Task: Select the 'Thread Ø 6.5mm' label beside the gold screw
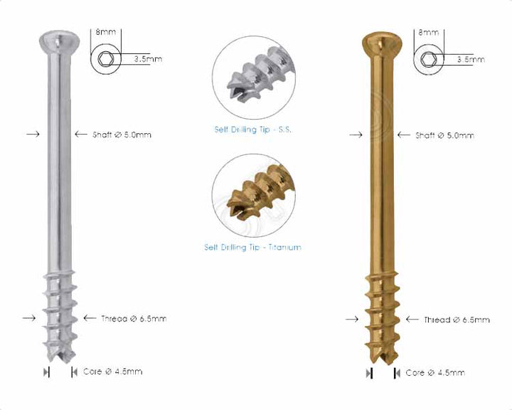click(457, 320)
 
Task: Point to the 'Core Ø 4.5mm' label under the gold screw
click(435, 372)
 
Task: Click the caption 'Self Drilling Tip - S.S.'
click(253, 130)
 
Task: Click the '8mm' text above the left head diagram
click(107, 32)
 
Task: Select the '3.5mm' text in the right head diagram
click(469, 61)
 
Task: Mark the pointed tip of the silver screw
click(59, 360)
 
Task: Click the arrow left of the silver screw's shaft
click(32, 133)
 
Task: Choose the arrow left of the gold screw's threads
click(351, 320)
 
